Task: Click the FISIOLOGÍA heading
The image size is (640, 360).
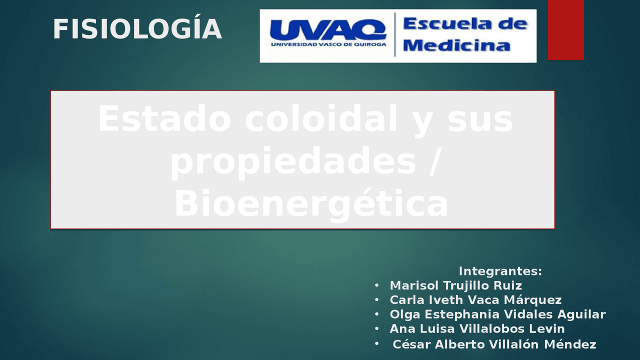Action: [x=137, y=29]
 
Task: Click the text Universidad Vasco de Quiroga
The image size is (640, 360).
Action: [x=328, y=44]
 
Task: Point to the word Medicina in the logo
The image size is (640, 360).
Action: [x=456, y=45]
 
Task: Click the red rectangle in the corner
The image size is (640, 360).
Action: [x=565, y=29]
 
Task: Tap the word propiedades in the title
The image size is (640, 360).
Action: [x=293, y=161]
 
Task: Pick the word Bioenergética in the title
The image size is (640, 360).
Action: [x=310, y=204]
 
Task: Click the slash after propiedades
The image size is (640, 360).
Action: [x=434, y=161]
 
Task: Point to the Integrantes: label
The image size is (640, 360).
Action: [x=500, y=271]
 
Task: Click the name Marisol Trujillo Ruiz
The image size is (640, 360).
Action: [x=455, y=285]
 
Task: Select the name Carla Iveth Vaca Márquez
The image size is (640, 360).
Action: [x=475, y=300]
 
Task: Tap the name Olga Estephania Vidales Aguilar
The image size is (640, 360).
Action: [x=497, y=314]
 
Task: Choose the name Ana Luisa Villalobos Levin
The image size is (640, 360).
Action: [x=477, y=329]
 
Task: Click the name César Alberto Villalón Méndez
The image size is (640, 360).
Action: [x=494, y=344]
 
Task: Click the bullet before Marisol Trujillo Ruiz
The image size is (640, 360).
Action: [x=376, y=285]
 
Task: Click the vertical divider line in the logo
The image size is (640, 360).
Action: [x=395, y=34]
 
